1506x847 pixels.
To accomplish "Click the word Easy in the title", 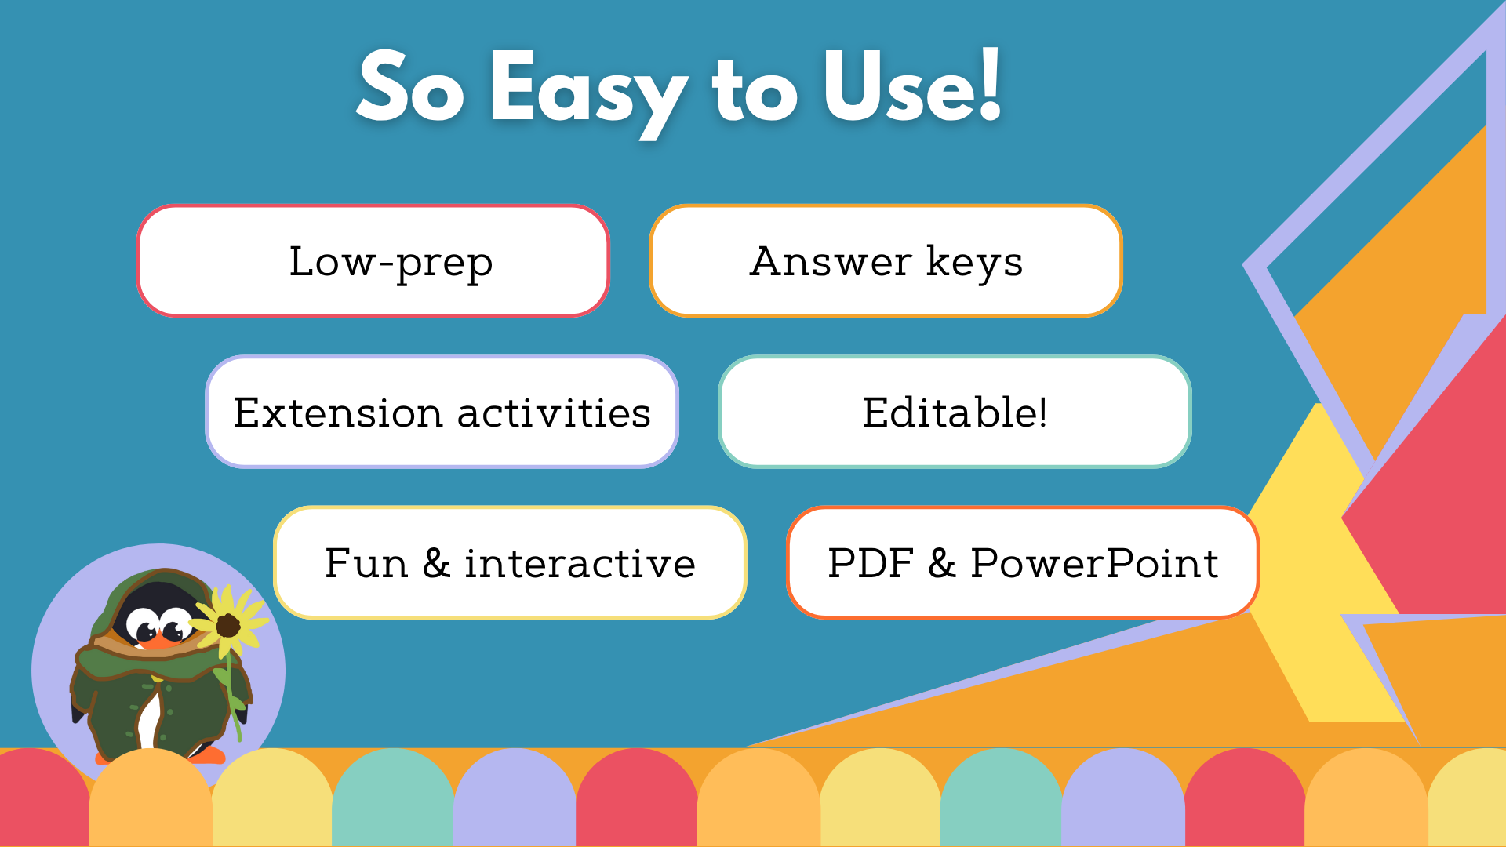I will [588, 90].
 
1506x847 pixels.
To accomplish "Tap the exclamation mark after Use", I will [990, 85].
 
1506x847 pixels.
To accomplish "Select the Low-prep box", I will [373, 261].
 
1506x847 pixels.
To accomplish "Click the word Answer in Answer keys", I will [831, 261].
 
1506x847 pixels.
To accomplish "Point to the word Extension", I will [337, 413].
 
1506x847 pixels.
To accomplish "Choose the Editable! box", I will [955, 413].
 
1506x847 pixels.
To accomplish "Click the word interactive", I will [580, 563].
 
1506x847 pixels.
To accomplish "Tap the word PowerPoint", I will [1094, 563].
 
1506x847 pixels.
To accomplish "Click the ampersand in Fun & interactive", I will [436, 563].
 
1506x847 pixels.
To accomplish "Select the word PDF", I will [871, 563].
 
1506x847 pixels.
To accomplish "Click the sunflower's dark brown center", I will [228, 626].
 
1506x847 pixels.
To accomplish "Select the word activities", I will [554, 413].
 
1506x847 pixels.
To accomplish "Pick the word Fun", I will [366, 563].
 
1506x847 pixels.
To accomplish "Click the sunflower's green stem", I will [232, 690].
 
